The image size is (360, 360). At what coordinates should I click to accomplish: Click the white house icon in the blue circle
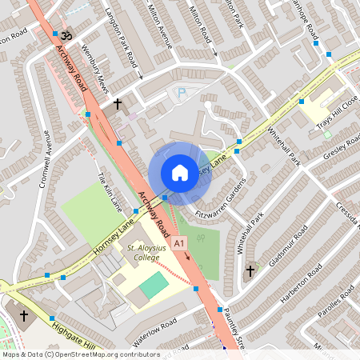(180, 172)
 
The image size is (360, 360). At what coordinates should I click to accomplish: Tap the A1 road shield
(179, 242)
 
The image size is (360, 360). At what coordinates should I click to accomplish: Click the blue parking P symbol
(181, 94)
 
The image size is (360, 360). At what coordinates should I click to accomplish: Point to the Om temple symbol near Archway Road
(66, 34)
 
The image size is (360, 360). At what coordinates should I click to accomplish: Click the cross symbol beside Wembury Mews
(118, 104)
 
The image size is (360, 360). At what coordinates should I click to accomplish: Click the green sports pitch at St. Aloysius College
(154, 285)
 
